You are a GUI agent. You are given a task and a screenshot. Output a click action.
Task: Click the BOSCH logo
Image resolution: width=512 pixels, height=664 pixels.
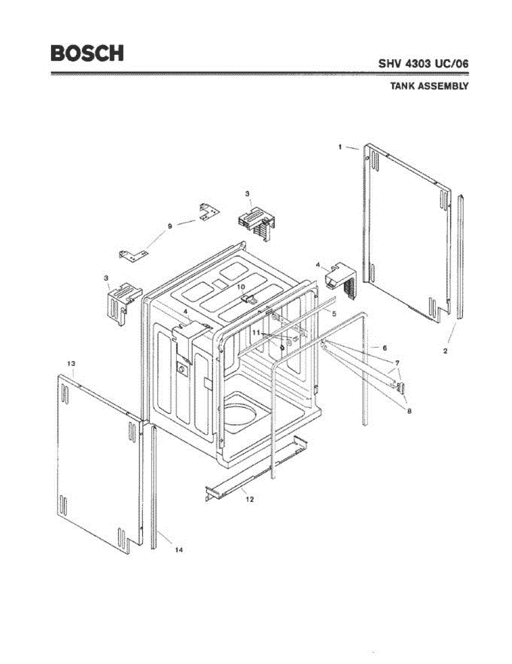(x=87, y=53)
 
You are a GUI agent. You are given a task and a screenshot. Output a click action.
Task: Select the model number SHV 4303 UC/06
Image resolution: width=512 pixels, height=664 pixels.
(x=423, y=64)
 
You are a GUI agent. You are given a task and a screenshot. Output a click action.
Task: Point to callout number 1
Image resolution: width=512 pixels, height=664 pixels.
(x=340, y=147)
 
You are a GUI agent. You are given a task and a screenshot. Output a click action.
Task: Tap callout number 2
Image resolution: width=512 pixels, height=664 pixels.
(x=446, y=351)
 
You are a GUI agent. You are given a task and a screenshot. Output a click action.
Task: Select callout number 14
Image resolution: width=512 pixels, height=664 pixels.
(x=179, y=549)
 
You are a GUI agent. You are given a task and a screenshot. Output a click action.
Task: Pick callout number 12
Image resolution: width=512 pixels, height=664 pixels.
(x=250, y=499)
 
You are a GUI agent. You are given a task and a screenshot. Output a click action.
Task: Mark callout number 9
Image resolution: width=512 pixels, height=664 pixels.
(x=170, y=226)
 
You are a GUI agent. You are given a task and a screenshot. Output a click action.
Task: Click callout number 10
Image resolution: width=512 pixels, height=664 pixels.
(x=241, y=287)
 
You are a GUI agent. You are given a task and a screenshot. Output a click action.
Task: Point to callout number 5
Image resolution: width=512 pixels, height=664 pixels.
(x=334, y=313)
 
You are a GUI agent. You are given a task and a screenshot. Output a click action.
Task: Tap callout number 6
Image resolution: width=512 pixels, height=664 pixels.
(x=384, y=347)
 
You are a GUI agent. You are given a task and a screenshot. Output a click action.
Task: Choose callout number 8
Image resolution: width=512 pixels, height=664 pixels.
(x=408, y=411)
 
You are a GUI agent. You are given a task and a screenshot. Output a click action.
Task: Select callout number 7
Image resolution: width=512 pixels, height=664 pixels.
(x=397, y=364)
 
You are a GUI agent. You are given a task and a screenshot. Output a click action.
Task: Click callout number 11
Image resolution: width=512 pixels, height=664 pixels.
(x=256, y=332)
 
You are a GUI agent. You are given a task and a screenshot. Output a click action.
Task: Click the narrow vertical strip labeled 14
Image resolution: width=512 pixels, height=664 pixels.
(x=154, y=487)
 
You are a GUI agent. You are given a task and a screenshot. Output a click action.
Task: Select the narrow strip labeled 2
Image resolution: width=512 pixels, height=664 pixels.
(x=461, y=257)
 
